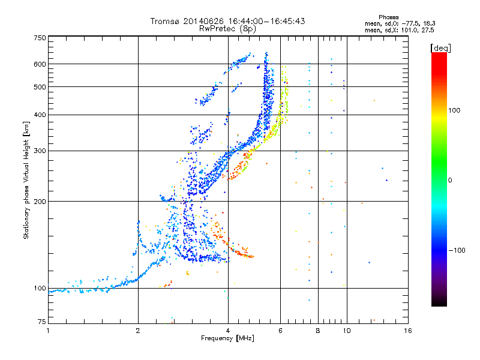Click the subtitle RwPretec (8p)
pyautogui.click(x=227, y=29)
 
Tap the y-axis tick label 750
pyautogui.click(x=40, y=38)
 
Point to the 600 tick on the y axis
pyautogui.click(x=40, y=64)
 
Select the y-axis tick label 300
pyautogui.click(x=40, y=151)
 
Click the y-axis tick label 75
pyautogui.click(x=42, y=322)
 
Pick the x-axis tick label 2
pyautogui.click(x=138, y=331)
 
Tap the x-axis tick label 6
pyautogui.click(x=280, y=331)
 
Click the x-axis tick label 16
pyautogui.click(x=408, y=331)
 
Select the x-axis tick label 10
pyautogui.click(x=347, y=331)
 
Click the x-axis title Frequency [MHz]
pyautogui.click(x=227, y=338)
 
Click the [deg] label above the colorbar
pyautogui.click(x=440, y=48)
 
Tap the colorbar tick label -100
pyautogui.click(x=457, y=250)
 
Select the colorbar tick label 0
pyautogui.click(x=450, y=181)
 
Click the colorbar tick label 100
pyautogui.click(x=454, y=110)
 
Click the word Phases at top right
pyautogui.click(x=388, y=17)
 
